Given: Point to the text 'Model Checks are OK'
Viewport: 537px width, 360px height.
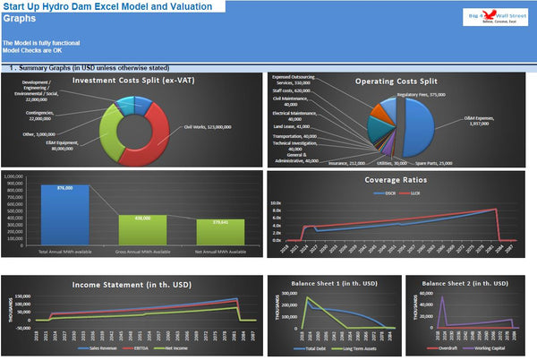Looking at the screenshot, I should pyautogui.click(x=32, y=50).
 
